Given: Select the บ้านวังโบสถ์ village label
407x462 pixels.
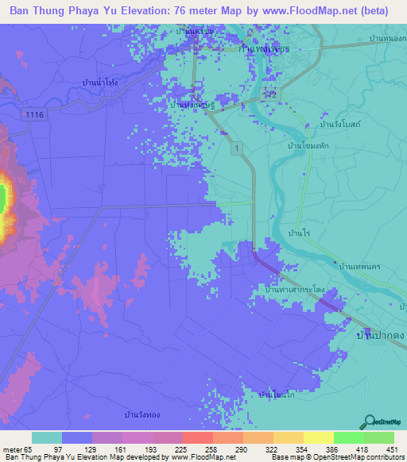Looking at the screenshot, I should coord(340,125).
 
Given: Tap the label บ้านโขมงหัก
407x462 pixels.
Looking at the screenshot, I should coord(309,146).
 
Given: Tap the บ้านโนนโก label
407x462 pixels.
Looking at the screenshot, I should coord(277,394).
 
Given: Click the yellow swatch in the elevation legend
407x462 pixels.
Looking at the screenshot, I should coord(318,437).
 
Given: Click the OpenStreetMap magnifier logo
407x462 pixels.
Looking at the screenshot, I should coord(368,421).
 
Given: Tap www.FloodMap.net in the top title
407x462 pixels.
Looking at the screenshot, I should coord(289,11).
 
